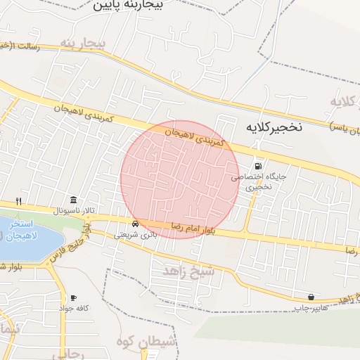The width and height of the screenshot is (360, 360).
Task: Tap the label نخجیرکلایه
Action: coord(274,127)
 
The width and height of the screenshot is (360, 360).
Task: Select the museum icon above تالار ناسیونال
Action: coord(74,199)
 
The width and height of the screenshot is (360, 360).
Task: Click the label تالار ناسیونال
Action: coord(74,210)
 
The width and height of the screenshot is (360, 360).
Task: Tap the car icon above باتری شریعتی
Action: coord(144,225)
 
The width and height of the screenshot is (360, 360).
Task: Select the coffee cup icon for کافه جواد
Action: coord(73,298)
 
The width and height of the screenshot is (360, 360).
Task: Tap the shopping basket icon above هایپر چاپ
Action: coord(311,297)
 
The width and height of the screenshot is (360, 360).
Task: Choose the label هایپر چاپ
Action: coord(309,308)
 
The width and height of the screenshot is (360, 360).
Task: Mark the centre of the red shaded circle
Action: coord(179,179)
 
